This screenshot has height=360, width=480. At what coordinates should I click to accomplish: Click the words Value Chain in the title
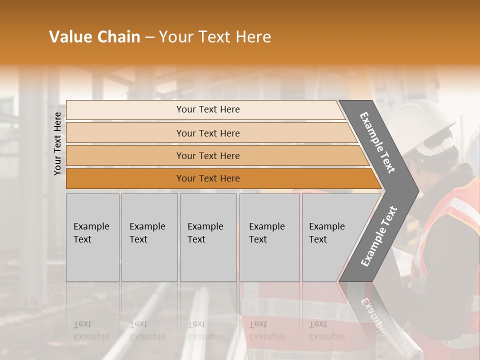94,37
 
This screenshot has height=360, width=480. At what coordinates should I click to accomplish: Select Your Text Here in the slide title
215,37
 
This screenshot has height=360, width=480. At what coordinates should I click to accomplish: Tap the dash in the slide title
149,37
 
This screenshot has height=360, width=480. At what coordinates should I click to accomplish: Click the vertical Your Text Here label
57,143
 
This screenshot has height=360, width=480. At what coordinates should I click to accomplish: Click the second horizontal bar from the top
207,133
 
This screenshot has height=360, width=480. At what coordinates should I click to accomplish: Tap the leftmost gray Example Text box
92,237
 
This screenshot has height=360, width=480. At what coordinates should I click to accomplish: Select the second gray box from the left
149,237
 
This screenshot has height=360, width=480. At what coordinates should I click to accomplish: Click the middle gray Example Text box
208,237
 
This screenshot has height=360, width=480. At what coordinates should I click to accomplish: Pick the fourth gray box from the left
269,237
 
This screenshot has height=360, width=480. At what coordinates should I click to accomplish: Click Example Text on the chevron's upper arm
377,142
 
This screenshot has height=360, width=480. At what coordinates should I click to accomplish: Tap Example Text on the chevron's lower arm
378,236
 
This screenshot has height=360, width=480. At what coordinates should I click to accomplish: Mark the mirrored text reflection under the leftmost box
91,330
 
